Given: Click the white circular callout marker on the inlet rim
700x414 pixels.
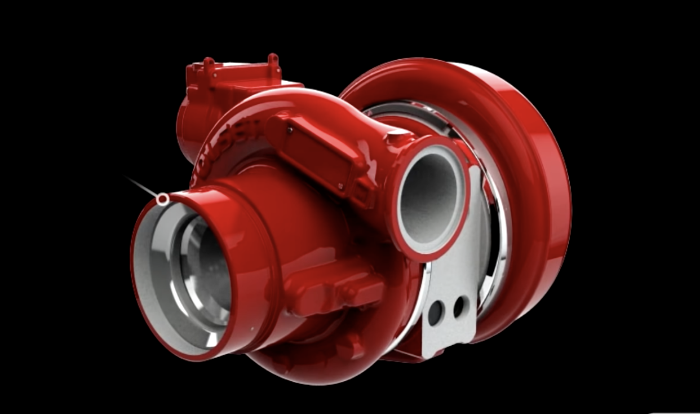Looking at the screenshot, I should [162, 199].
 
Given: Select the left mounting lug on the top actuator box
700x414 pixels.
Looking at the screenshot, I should [209, 65].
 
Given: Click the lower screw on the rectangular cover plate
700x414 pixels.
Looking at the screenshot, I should [341, 186].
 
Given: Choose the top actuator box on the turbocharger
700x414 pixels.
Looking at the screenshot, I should [231, 85].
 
